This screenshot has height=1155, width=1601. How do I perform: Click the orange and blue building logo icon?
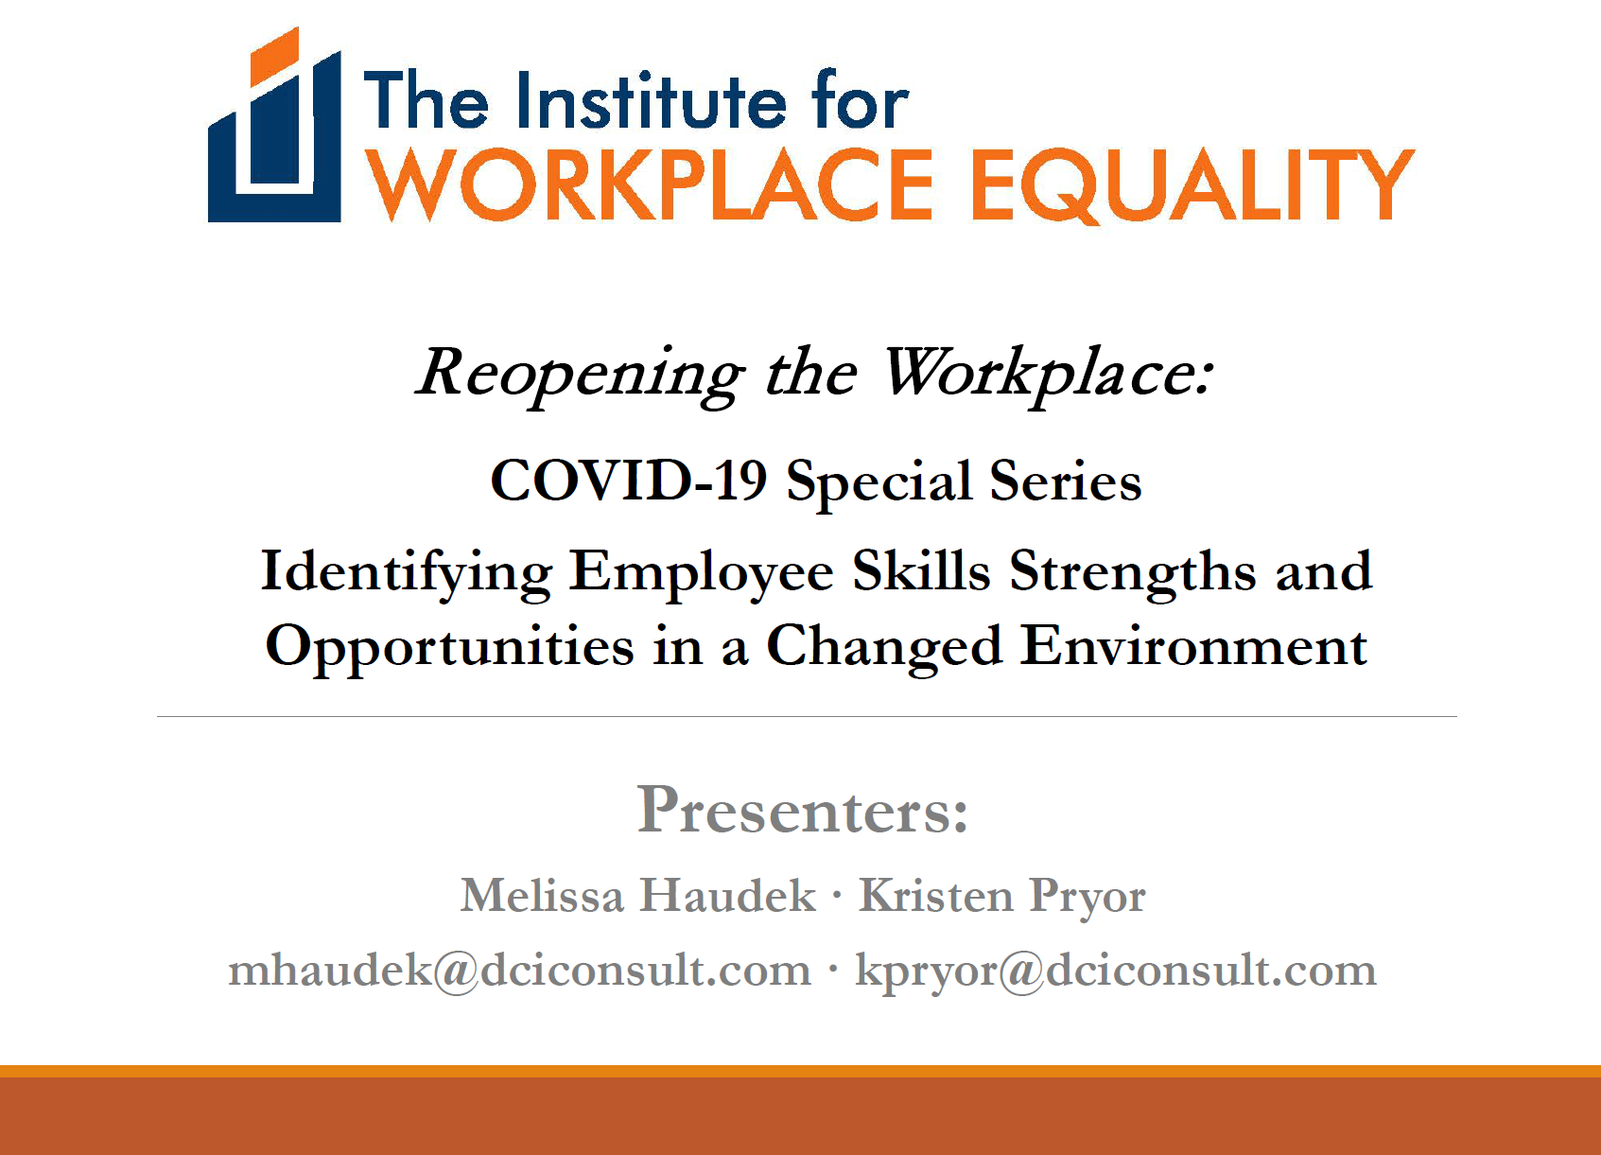click(274, 125)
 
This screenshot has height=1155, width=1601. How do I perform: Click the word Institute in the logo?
click(652, 100)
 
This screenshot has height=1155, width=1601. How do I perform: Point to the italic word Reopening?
click(581, 375)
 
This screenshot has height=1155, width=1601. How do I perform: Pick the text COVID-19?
click(629, 481)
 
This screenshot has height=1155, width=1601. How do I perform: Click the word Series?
click(1066, 481)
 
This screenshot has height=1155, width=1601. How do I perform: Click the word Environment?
click(1193, 645)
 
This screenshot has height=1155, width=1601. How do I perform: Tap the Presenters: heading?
click(803, 810)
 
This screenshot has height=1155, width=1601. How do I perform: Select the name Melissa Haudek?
click(637, 895)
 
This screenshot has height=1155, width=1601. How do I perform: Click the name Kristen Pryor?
click(1002, 897)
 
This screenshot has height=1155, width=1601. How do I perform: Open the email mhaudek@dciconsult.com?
click(519, 971)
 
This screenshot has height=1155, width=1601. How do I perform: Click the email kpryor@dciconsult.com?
click(1116, 971)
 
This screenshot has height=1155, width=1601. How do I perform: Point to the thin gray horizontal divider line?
click(807, 716)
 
